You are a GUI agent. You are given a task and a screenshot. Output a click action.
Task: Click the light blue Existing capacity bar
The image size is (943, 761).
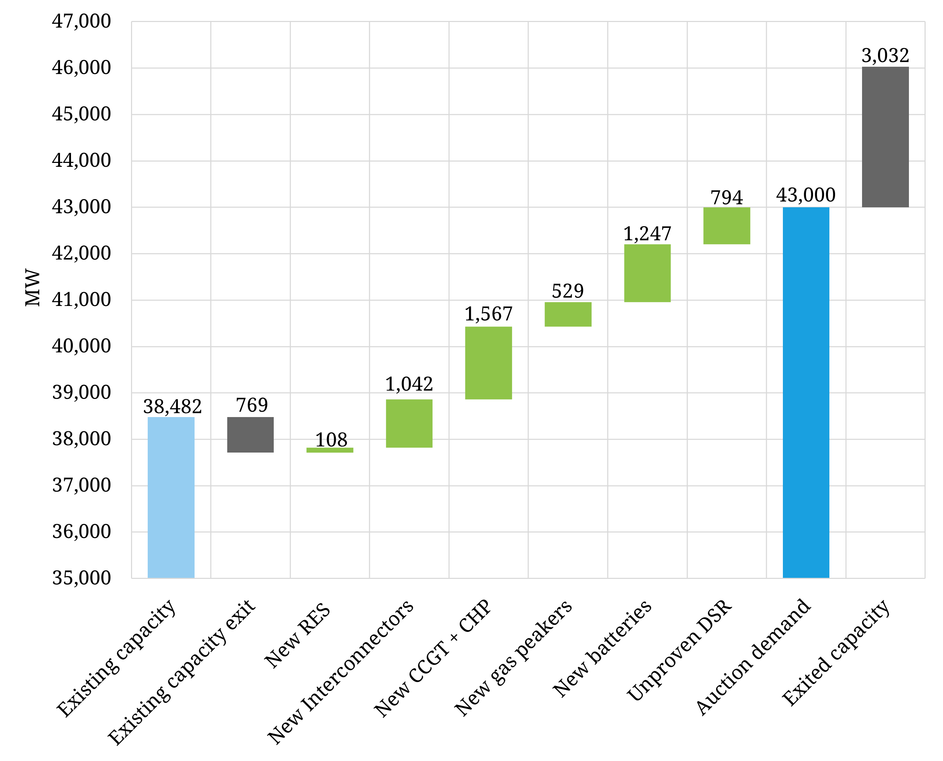coord(171,497)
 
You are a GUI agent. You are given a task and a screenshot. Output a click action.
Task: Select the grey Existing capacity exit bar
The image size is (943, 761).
coord(250,434)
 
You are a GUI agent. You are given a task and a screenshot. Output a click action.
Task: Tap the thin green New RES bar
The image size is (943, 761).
coord(330,450)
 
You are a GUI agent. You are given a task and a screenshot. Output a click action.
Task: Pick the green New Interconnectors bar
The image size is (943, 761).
coord(409,423)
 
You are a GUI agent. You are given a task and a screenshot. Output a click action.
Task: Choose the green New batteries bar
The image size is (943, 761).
coord(647,273)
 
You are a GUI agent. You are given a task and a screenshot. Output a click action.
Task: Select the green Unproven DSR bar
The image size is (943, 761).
coord(726,225)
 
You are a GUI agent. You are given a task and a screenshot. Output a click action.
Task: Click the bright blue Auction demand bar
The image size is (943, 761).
coord(806,392)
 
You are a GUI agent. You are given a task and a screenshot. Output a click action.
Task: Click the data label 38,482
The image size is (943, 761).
coord(172,406)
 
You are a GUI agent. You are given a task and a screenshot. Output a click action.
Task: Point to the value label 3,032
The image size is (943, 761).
coord(885,56)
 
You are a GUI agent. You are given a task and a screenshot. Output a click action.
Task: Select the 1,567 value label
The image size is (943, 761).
coord(489,314)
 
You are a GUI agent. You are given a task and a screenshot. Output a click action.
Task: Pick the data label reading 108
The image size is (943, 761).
coord(331,440)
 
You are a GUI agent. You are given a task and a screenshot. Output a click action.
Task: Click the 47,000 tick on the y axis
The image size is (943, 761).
coord(82,21)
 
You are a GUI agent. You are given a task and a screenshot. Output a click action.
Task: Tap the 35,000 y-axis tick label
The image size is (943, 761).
coord(82,578)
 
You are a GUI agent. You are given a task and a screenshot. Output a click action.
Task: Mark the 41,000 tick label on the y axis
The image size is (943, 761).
coord(82,300)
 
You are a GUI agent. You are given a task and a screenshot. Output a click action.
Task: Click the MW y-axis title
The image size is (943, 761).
coord(32,287)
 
